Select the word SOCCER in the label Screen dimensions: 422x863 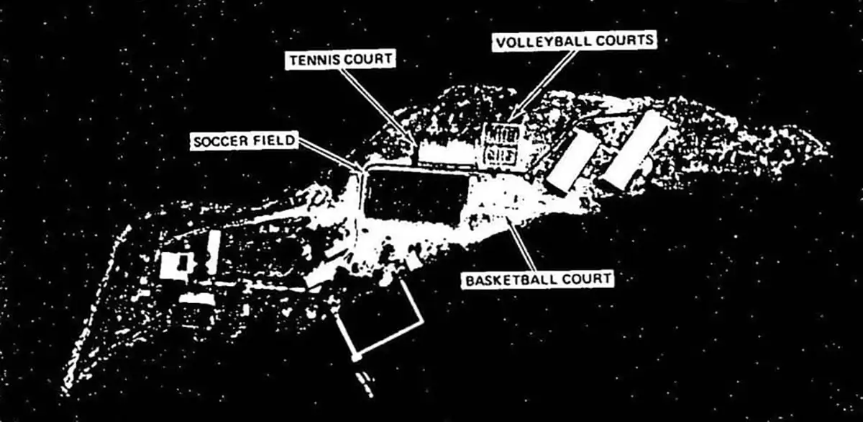click(220, 141)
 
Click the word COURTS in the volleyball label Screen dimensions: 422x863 click(627, 40)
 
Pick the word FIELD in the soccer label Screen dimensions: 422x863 click(273, 141)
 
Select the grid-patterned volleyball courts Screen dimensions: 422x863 click(501, 144)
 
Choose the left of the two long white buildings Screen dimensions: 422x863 click(573, 162)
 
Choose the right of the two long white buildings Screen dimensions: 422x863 click(635, 150)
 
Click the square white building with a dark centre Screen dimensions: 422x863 click(177, 265)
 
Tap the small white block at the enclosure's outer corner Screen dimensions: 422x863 click(355, 357)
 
